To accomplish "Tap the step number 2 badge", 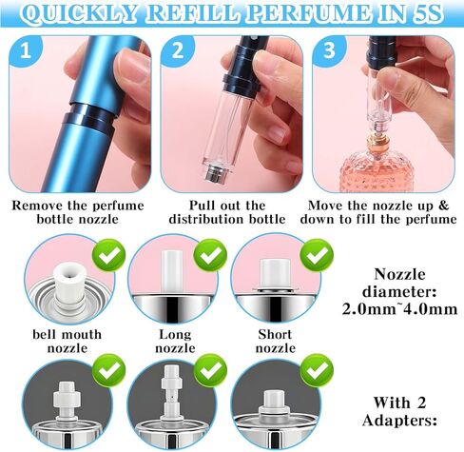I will pos(175,49).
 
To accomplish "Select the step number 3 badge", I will pos(328,49).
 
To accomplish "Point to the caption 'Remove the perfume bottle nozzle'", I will pos(75,210).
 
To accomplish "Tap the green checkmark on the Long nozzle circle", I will pos(210,254).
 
